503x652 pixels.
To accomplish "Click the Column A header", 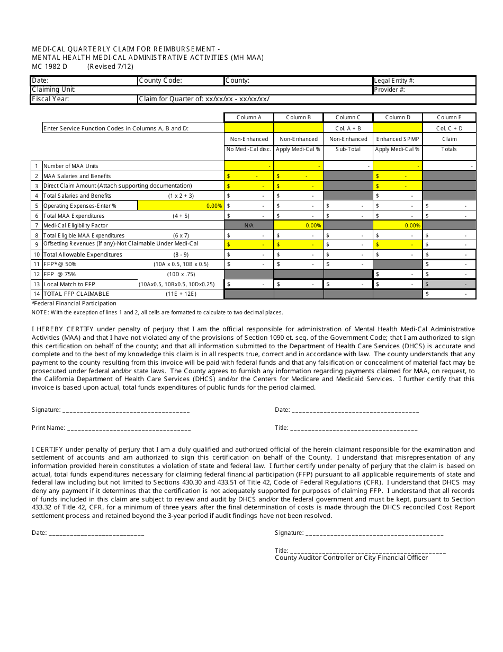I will [249, 118].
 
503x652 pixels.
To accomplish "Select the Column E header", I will [449, 118].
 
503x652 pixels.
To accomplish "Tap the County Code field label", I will [160, 81].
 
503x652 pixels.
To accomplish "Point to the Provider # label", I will [389, 90].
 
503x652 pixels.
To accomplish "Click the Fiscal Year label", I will [51, 99].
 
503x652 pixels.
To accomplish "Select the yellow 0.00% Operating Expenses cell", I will [180, 206].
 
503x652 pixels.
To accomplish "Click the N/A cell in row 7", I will [249, 225].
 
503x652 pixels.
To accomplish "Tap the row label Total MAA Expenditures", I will [74, 216].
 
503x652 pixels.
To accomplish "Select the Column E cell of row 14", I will [449, 294].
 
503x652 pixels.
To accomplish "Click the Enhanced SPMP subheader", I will [398, 139].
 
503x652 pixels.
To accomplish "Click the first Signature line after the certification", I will [126, 410].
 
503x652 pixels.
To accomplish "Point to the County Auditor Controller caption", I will [351, 558].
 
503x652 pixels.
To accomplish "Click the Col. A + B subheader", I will [348, 128].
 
